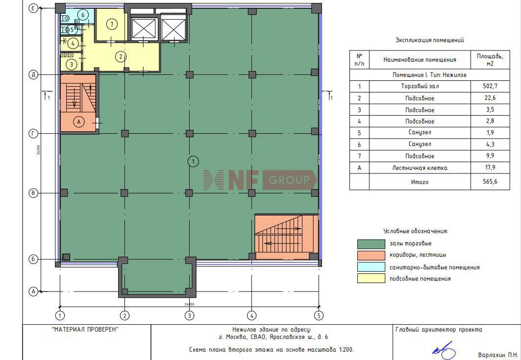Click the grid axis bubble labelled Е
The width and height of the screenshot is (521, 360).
(x=33, y=8)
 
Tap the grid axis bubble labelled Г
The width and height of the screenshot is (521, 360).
(x=33, y=134)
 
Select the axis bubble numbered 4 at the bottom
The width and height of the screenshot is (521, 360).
(x=252, y=315)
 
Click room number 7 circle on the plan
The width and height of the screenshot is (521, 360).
(x=112, y=24)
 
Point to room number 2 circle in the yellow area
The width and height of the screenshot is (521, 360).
(x=121, y=57)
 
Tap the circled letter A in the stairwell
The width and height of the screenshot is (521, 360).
(x=79, y=122)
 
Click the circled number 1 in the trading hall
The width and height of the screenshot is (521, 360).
(x=193, y=162)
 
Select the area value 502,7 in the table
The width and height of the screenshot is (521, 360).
(x=490, y=86)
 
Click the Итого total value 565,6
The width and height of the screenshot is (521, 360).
(x=490, y=182)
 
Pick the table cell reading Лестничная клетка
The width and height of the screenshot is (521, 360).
(x=420, y=168)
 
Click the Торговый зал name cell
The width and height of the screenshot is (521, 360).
(x=420, y=86)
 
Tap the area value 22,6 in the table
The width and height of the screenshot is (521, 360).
(x=490, y=98)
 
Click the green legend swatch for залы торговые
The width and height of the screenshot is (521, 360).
(x=371, y=244)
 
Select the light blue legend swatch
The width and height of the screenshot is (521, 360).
(x=371, y=267)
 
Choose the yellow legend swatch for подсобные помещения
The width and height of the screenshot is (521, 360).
(x=371, y=278)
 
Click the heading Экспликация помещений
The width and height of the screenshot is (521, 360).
(x=429, y=40)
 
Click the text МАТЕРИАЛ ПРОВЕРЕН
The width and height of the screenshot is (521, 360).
(x=85, y=330)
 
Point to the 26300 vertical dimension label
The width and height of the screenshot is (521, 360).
(x=39, y=149)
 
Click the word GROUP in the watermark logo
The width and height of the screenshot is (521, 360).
(x=289, y=180)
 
